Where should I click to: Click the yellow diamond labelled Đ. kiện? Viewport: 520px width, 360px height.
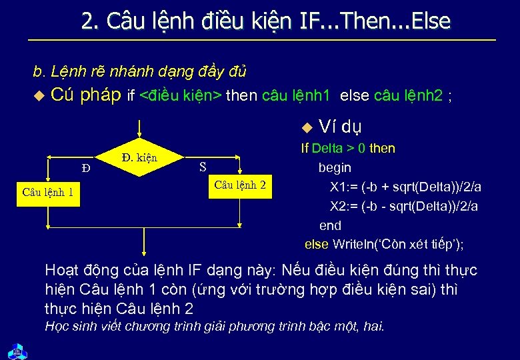coord(139,158)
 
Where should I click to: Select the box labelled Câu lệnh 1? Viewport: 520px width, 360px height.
coord(47,193)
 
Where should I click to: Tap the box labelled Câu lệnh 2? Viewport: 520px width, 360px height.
coord(240,185)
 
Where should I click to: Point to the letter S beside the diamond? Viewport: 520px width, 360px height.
coord(203,167)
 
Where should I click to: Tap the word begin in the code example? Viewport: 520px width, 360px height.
coord(335,167)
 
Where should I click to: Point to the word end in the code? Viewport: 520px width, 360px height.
coord(330,225)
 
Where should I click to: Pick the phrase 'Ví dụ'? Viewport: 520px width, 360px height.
coord(340,127)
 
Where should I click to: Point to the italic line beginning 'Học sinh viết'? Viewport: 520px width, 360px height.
coord(214,327)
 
